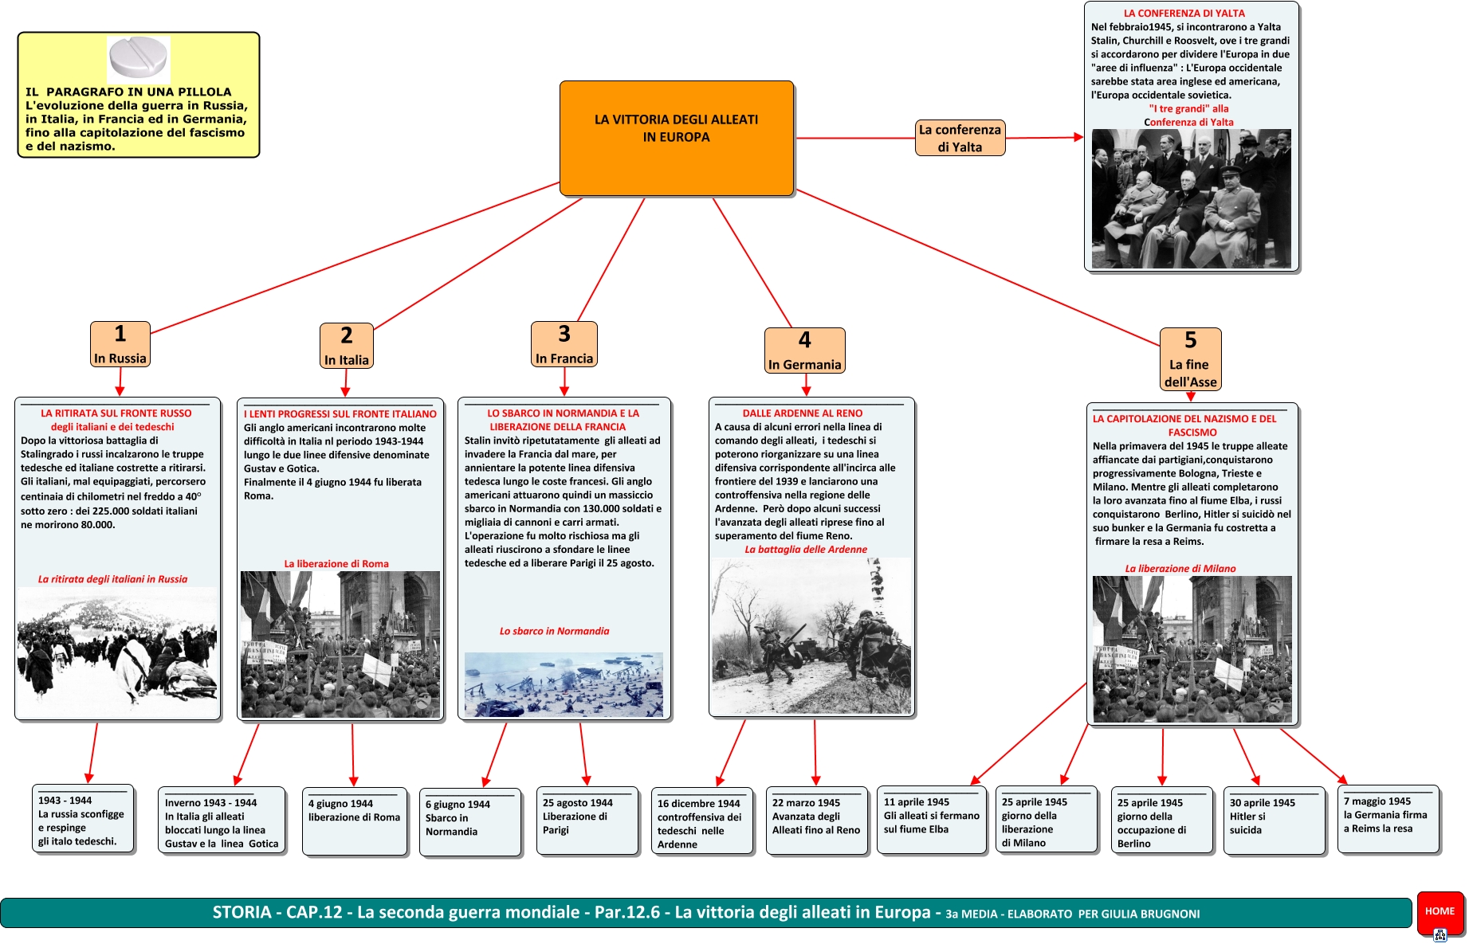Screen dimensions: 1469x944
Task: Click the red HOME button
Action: coord(1440,911)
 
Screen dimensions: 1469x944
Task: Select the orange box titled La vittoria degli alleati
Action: coord(677,138)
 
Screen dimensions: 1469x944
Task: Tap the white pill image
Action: coord(139,59)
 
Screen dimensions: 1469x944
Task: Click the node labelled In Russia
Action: coord(120,344)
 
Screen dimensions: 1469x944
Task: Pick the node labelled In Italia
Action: coord(346,346)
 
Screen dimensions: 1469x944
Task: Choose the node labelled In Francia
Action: coord(564,344)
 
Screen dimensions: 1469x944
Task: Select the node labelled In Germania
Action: coord(804,351)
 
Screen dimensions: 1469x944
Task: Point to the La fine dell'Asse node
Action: coord(1190,359)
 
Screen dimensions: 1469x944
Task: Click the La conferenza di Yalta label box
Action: coord(960,138)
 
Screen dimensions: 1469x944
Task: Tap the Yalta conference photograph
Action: coord(1191,198)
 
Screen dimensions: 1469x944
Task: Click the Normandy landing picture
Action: coord(564,684)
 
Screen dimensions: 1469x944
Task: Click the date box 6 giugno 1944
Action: coord(470,821)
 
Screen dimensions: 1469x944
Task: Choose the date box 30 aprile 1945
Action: coord(1274,820)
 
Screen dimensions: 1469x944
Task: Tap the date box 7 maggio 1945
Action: coord(1388,818)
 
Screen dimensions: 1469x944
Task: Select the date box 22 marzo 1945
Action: coord(817,821)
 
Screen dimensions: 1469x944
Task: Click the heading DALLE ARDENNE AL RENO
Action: coord(802,413)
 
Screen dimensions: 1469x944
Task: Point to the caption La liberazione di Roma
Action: coord(336,564)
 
